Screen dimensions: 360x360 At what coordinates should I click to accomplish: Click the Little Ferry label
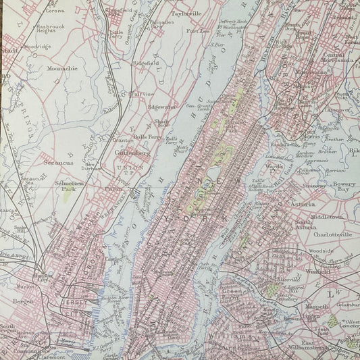pyautogui.click(x=117, y=32)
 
